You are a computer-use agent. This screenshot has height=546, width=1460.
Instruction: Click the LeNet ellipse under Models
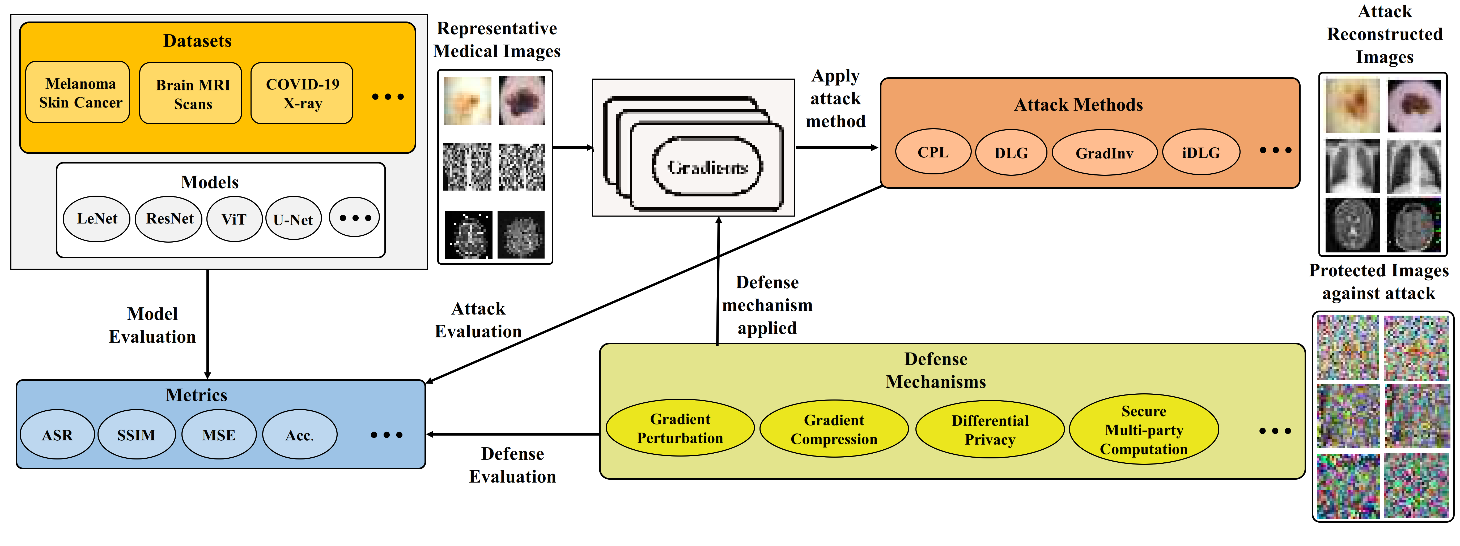click(x=97, y=219)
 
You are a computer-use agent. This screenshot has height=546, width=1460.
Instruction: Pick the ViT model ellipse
click(x=234, y=219)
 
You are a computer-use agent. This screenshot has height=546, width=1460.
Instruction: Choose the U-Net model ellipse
click(x=293, y=219)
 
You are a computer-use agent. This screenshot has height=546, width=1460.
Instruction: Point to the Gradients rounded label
click(x=707, y=166)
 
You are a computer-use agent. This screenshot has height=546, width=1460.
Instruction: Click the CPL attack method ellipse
click(x=933, y=152)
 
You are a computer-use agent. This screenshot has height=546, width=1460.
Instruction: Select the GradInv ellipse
click(x=1104, y=152)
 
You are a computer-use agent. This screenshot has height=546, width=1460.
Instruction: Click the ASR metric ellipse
click(x=57, y=435)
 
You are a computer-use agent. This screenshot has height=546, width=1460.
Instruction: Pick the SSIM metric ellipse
click(x=136, y=435)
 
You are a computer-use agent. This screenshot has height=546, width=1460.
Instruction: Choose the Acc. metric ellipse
click(x=299, y=435)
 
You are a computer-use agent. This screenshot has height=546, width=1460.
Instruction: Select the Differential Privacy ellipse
click(x=990, y=429)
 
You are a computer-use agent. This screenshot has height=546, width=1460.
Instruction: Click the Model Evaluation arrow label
click(x=152, y=325)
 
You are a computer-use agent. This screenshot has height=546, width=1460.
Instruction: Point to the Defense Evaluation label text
click(x=512, y=465)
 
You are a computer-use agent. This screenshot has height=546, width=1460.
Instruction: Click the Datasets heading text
click(x=197, y=41)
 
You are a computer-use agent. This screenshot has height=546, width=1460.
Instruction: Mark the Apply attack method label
click(x=835, y=98)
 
